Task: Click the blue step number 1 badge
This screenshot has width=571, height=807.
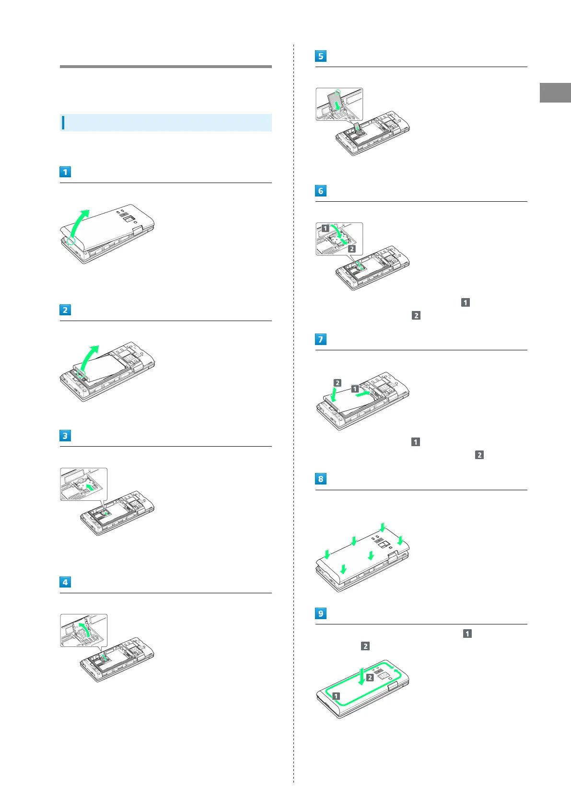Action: [x=65, y=172]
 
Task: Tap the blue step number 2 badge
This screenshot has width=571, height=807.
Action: [x=65, y=310]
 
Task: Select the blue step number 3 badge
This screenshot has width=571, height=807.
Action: [x=65, y=436]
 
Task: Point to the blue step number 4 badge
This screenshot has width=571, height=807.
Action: [x=65, y=582]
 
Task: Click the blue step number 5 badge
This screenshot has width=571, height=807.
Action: [x=321, y=56]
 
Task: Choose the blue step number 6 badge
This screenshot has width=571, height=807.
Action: [x=321, y=191]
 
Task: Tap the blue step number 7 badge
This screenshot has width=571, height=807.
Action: [x=321, y=339]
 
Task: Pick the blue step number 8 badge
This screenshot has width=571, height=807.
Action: [x=321, y=479]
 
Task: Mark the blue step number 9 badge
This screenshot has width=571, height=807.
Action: [x=321, y=613]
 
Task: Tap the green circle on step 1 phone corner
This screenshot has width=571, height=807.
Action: [x=71, y=241]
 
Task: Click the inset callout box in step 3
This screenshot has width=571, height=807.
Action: [x=84, y=484]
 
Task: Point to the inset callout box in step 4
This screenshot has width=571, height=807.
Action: [x=84, y=630]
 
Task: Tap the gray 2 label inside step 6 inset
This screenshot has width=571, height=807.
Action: [x=351, y=249]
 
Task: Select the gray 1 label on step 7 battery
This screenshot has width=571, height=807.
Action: [x=355, y=389]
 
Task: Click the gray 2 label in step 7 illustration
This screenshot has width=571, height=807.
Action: [x=338, y=382]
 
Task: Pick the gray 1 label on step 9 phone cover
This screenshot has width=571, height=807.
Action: [x=336, y=696]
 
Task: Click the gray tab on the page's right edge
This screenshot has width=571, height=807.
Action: [x=555, y=92]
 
